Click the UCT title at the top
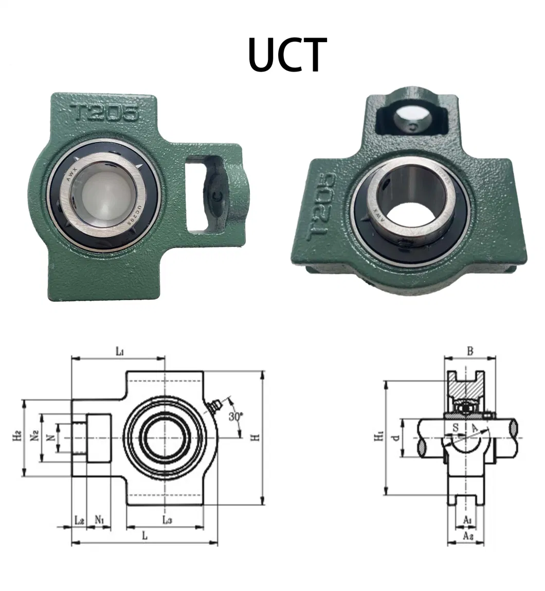tap(287, 55)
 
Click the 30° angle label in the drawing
tap(236, 416)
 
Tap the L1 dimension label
tap(119, 352)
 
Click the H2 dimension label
tap(17, 437)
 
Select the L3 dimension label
tap(167, 520)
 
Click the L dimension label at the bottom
tap(145, 536)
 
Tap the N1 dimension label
tap(100, 520)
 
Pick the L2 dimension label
tap(79, 520)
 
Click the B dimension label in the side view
tap(470, 351)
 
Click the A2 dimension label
tap(468, 536)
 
